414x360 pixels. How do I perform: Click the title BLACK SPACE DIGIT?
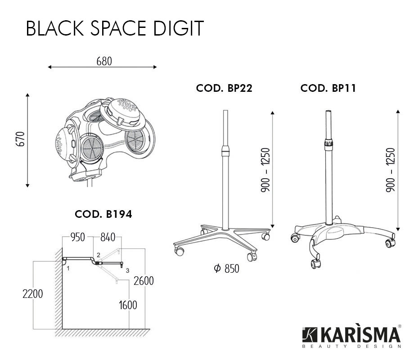tap(115, 28)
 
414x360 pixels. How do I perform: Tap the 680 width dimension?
tap(104, 61)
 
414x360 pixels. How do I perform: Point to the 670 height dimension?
tap(20, 139)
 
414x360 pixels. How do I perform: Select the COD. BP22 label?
tap(224, 88)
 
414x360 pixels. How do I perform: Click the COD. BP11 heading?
tap(328, 88)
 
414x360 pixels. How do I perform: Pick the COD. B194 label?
tap(103, 214)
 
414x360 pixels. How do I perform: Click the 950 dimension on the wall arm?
tap(77, 237)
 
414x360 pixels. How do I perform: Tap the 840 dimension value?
tap(108, 237)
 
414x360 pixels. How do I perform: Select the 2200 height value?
tap(33, 294)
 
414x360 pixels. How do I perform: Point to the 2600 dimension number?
tap(144, 281)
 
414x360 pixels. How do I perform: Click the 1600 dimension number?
tap(128, 305)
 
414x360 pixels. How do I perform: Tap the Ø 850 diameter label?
tap(226, 269)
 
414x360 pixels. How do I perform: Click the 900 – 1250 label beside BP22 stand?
tap(265, 170)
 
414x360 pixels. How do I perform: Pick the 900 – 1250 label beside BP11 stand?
tap(391, 170)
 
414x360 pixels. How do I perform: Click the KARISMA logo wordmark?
tap(352, 335)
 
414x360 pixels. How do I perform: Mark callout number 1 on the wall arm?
tap(68, 268)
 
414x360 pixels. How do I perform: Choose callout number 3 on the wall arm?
tap(127, 270)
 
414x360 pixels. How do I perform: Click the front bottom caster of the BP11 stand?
tap(315, 264)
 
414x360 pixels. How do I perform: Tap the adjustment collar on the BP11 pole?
tap(328, 144)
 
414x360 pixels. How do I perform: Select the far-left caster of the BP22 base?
tap(179, 251)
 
